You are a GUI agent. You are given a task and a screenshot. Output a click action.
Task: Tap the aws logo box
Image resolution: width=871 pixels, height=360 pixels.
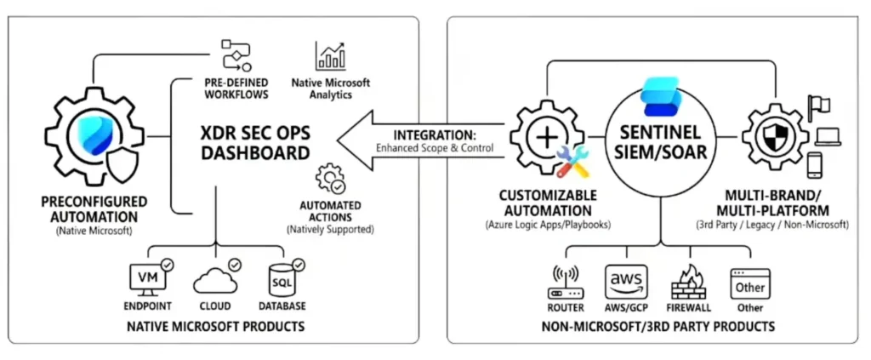(627, 278)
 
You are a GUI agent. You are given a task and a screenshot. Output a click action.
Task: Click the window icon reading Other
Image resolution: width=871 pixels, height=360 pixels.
(750, 280)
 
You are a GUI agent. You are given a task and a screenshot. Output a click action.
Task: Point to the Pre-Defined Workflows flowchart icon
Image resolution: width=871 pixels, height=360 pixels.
(236, 56)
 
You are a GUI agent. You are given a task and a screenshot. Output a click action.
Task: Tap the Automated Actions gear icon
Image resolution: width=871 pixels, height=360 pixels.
(329, 180)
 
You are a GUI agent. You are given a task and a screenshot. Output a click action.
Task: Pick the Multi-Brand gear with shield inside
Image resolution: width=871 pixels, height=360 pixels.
(775, 136)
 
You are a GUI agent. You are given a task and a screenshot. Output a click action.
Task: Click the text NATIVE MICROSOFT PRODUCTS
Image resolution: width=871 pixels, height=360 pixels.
(214, 327)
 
